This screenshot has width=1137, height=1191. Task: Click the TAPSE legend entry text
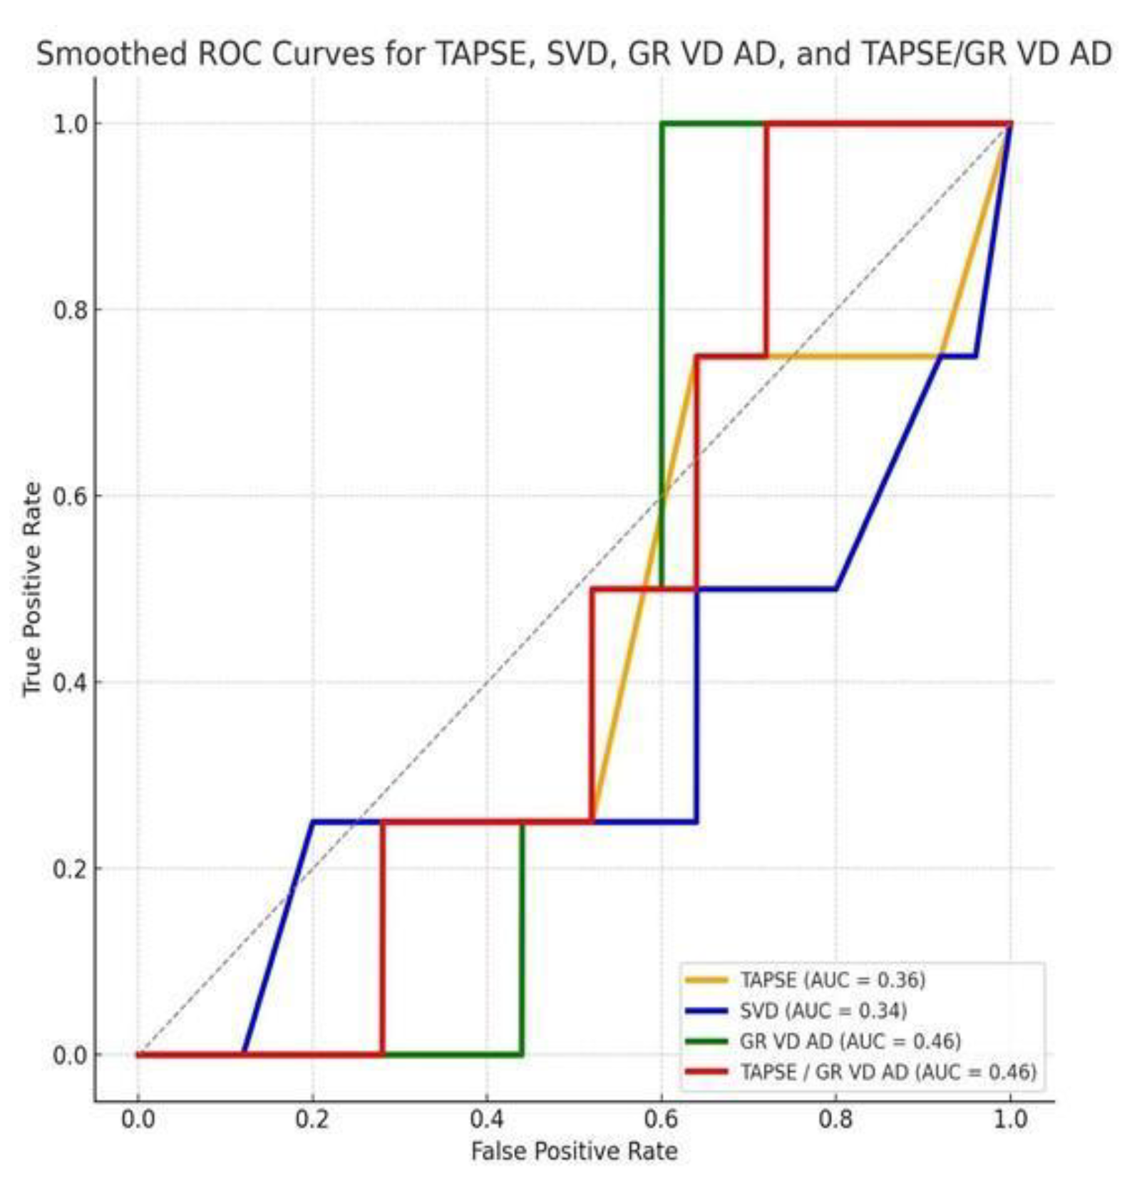click(x=832, y=980)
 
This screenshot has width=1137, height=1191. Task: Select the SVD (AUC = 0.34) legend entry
click(x=823, y=1011)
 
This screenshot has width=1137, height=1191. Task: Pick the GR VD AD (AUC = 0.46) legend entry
click(x=850, y=1041)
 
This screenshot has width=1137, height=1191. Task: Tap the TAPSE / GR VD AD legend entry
click(x=888, y=1072)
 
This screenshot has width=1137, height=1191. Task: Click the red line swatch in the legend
click(x=706, y=1071)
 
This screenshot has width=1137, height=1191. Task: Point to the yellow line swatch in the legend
click(x=706, y=980)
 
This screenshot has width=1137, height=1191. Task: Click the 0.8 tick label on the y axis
click(x=68, y=310)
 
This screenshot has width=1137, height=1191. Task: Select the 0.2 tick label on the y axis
click(x=68, y=869)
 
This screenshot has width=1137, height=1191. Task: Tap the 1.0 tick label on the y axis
click(x=68, y=124)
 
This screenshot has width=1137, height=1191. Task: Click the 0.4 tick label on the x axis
click(x=487, y=1120)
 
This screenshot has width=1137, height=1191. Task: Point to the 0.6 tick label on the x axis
click(x=662, y=1120)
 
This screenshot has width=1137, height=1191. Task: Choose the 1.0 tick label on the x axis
click(x=1010, y=1120)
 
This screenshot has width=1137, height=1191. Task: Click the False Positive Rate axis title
click(x=574, y=1152)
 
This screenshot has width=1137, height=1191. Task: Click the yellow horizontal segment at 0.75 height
click(x=855, y=356)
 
